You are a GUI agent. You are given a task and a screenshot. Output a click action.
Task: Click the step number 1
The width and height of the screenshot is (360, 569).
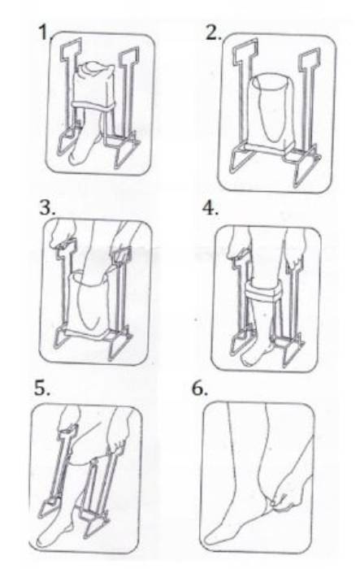tap(43, 33)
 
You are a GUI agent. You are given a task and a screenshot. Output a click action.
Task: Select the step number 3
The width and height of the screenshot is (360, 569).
tap(47, 207)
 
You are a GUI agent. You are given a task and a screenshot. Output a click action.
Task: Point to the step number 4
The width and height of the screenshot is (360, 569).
tap(210, 208)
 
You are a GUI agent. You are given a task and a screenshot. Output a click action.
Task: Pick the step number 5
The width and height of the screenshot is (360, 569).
tap(42, 389)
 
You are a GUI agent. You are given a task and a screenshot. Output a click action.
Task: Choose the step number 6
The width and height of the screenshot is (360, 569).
tap(200, 389)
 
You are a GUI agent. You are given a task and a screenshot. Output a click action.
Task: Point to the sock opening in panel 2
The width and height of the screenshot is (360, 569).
tap(271, 83)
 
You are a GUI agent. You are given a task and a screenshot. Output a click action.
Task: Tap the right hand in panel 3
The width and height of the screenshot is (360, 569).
tap(124, 240)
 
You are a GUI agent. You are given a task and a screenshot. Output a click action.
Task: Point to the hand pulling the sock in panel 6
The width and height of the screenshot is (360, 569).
tap(287, 499)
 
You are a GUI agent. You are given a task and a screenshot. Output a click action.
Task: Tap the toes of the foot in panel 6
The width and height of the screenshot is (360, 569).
tap(214, 538)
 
